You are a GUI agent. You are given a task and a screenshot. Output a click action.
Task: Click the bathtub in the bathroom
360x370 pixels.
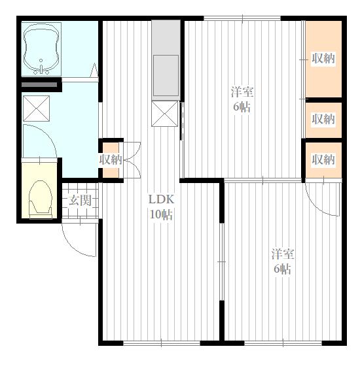[41, 49]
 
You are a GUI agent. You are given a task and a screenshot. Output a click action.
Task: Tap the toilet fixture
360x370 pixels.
[40, 199]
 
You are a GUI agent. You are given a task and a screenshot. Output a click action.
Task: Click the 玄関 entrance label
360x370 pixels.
[80, 201]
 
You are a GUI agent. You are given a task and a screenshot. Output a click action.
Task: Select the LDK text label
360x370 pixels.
[161, 199]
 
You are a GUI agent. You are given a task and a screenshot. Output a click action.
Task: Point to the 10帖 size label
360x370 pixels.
[161, 214]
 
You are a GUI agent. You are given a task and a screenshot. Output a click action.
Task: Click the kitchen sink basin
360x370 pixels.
[166, 76]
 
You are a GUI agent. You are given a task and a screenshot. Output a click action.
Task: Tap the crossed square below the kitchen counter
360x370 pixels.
[165, 114]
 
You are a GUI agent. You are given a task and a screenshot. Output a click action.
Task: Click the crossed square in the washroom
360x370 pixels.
[37, 109]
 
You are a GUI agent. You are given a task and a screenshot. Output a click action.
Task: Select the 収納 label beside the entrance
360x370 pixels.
[111, 160]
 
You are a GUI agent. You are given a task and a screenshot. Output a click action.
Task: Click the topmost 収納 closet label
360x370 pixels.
[323, 58]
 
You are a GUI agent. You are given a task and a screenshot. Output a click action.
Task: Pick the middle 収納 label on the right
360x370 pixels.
[323, 119]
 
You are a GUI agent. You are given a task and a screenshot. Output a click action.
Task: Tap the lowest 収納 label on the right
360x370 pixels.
[323, 160]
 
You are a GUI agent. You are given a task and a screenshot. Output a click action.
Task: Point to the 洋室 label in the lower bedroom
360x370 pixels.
[283, 254]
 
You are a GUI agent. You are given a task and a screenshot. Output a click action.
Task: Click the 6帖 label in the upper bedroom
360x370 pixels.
[242, 107]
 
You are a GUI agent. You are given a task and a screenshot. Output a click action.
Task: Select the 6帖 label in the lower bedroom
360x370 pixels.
[282, 269]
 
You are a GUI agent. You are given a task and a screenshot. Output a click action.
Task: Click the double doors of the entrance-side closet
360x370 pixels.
[132, 160]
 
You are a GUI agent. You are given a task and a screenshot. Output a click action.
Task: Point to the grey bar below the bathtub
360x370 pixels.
[39, 84]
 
